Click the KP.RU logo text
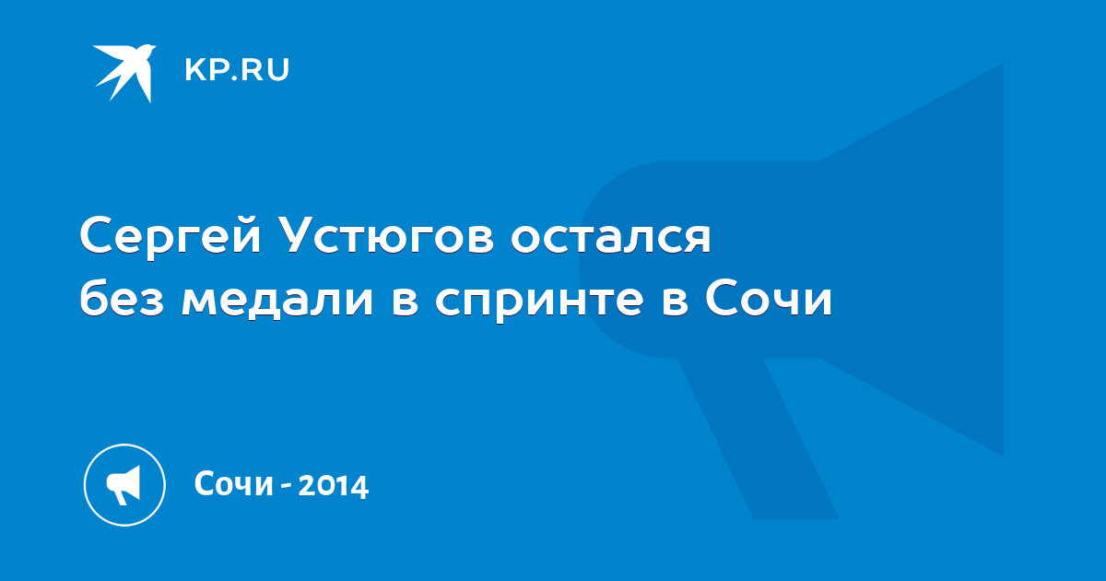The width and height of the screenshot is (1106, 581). [237, 70]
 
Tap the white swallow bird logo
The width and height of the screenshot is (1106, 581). [124, 74]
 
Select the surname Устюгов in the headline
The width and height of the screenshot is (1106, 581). [387, 237]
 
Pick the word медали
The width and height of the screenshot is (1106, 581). [277, 302]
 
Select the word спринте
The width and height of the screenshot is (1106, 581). [539, 303]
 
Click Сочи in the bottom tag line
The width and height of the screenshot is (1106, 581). [234, 483]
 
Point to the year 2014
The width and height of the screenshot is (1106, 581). [334, 485]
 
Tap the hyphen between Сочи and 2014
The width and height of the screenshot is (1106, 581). [286, 487]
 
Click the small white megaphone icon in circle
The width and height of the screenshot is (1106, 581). [124, 485]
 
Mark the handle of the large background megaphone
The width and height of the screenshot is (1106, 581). [758, 438]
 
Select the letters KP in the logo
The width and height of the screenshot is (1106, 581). [205, 70]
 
